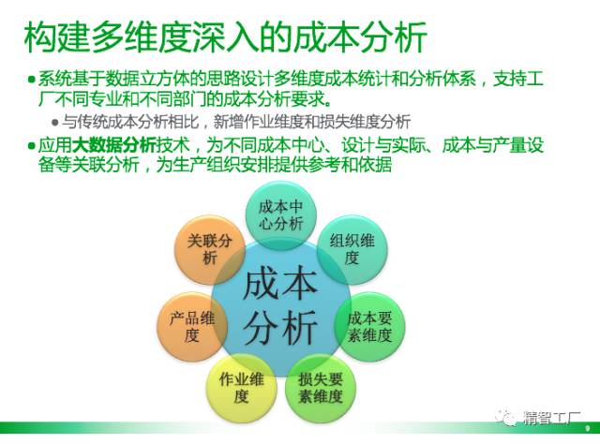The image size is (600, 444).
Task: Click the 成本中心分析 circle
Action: click(281, 215)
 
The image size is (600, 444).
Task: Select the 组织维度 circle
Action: click(352, 250)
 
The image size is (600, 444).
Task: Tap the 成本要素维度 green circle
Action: click(369, 327)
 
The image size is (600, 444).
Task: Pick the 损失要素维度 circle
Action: click(321, 388)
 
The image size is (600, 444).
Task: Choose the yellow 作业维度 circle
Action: click(241, 388)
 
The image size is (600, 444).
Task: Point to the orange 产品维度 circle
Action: click(192, 327)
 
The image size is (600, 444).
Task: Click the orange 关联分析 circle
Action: click(209, 250)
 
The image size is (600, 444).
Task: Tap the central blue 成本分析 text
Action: click(280, 306)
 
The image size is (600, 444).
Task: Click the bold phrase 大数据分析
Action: click(114, 145)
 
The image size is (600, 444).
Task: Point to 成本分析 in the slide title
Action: click(360, 37)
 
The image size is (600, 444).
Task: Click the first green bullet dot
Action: click(31, 80)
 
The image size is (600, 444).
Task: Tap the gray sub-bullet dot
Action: click(55, 123)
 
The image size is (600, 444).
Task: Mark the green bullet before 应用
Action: click(31, 146)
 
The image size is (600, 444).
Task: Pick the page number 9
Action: click(588, 429)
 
